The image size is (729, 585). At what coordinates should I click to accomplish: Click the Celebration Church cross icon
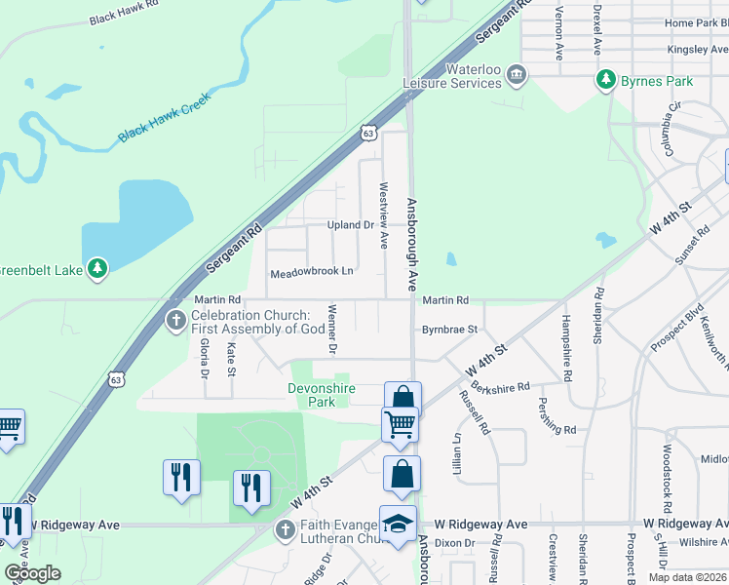[175, 320]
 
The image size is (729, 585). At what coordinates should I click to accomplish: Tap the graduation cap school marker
[399, 526]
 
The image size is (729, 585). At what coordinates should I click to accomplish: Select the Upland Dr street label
[351, 225]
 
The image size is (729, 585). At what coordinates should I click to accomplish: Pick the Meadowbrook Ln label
[311, 270]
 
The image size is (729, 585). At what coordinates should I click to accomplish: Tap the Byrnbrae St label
[449, 330]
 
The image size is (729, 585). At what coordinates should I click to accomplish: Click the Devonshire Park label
[322, 395]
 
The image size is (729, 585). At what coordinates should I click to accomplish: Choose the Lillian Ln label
[456, 453]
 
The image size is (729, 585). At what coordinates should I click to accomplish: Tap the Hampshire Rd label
[567, 346]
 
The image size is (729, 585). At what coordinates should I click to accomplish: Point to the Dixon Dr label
[454, 543]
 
